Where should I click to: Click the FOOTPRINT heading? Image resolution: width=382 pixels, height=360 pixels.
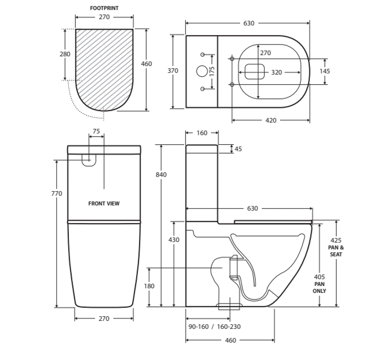[x=104, y=8]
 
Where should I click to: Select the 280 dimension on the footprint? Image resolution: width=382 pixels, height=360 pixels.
[x=65, y=54]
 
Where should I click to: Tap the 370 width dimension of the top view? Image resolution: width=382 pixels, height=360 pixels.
[x=173, y=71]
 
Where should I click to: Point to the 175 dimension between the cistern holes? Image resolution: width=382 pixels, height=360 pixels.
[x=212, y=71]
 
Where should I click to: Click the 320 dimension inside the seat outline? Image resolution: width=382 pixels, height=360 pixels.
[x=277, y=72]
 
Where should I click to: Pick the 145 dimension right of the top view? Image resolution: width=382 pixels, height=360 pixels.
[x=325, y=71]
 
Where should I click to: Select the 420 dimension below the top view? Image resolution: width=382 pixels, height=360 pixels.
[x=271, y=120]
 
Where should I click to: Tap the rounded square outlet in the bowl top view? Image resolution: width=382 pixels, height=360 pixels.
[x=255, y=71]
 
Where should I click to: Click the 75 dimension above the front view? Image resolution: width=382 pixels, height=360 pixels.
[x=96, y=131]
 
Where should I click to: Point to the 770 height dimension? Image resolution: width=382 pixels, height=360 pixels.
[x=57, y=193]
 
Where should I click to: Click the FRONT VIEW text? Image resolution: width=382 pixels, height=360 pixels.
[x=104, y=203]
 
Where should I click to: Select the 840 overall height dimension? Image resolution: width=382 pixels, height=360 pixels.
[x=161, y=174]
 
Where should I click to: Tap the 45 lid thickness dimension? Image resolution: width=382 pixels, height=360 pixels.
[x=238, y=149]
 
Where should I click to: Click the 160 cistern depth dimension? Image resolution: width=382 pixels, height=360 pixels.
[x=202, y=133]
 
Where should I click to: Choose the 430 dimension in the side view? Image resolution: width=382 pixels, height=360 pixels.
[x=174, y=240]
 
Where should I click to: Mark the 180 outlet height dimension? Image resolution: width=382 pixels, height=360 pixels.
[x=149, y=286]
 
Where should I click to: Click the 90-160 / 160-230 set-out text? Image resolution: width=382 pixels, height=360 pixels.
[x=214, y=327]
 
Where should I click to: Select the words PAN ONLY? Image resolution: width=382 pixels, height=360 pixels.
[x=319, y=287]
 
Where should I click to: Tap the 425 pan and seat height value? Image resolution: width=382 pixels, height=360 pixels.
[x=336, y=241]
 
